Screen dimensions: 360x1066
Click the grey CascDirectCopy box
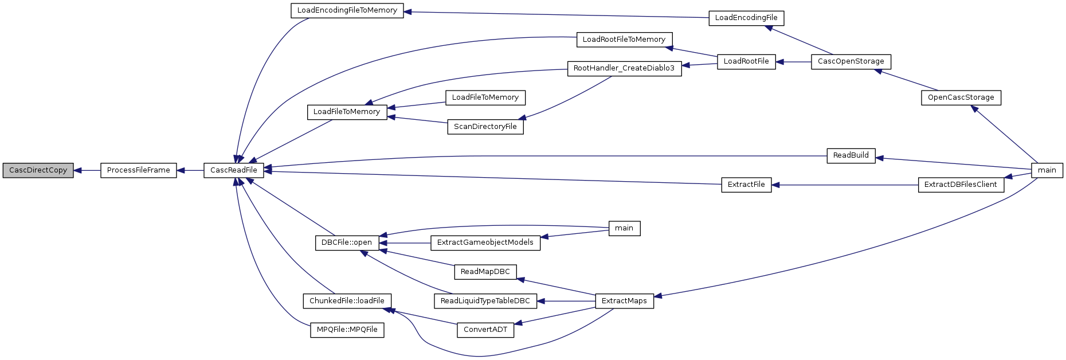coord(38,170)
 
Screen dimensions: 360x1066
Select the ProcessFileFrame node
coord(139,170)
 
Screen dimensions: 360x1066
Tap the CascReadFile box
coord(234,170)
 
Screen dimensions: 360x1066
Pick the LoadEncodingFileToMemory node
coord(347,10)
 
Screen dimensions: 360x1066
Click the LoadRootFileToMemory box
coord(624,40)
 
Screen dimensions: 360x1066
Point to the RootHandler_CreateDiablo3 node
coord(624,68)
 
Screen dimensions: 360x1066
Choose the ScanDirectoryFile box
coord(485,127)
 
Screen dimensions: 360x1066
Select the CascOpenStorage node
coord(851,61)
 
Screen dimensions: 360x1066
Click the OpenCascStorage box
coord(961,97)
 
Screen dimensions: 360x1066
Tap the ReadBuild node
coord(851,155)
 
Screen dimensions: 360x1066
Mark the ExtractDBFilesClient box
coord(961,185)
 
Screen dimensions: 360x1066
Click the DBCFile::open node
coord(347,242)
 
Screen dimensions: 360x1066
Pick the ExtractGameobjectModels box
coord(485,242)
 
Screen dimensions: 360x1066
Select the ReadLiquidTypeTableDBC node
coord(485,301)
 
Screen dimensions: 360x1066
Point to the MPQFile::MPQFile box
coord(347,330)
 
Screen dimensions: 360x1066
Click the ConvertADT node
coord(485,330)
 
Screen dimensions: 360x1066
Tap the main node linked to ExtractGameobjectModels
coord(624,228)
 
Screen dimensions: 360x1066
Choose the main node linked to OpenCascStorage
coord(1047,170)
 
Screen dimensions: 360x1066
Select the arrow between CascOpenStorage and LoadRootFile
coord(794,61)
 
